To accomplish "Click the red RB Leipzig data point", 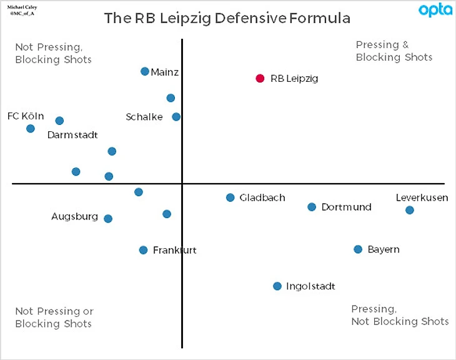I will (x=260, y=78).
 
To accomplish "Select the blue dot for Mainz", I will (x=145, y=71).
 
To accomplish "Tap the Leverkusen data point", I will (x=410, y=210).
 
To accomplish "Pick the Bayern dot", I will (x=358, y=249).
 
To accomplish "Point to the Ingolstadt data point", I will (x=277, y=286).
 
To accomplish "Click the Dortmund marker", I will (x=312, y=207).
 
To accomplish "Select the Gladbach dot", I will (x=230, y=197).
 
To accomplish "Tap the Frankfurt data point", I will (x=143, y=250).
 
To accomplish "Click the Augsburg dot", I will (x=108, y=219).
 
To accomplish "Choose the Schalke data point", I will (x=176, y=117).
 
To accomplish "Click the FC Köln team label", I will (x=26, y=116).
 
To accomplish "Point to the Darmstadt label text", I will (x=72, y=134).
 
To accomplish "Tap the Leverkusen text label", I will (x=422, y=197).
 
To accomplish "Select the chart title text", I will (x=227, y=18).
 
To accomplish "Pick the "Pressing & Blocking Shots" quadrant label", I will (x=394, y=51).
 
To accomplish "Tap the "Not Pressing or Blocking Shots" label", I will (x=54, y=317).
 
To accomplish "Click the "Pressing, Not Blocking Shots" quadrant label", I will (x=400, y=315).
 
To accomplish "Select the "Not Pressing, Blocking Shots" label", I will (x=53, y=53).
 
